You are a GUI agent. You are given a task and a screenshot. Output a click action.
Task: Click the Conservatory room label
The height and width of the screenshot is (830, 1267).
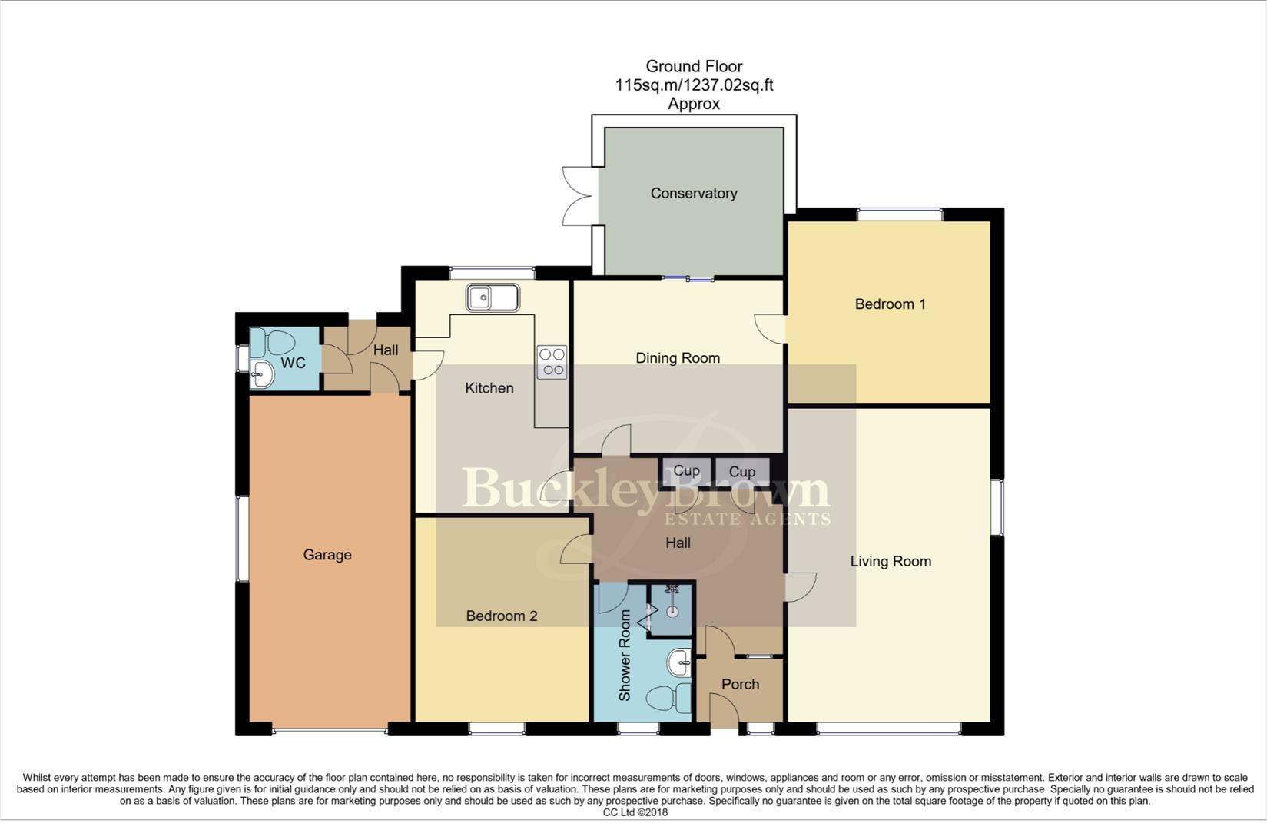pos(693,194)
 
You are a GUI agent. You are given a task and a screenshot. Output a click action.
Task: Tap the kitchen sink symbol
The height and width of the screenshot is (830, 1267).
pos(492,297)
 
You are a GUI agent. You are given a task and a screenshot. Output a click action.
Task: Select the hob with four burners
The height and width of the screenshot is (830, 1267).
pos(552,363)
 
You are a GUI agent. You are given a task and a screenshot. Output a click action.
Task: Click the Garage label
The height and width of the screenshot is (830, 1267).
pos(327,555)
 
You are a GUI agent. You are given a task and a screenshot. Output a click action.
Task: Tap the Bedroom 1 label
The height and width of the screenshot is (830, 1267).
pos(890,304)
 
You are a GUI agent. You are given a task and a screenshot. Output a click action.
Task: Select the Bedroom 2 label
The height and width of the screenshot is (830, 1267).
pos(501,616)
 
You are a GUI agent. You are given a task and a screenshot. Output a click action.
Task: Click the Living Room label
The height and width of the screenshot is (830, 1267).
pos(890,562)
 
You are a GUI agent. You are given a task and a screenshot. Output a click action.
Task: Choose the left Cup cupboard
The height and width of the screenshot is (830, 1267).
pos(685,471)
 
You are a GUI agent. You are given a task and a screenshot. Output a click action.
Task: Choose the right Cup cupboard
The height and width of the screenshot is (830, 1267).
pos(741,472)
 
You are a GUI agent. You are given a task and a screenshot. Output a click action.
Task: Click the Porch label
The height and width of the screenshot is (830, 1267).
pos(740,685)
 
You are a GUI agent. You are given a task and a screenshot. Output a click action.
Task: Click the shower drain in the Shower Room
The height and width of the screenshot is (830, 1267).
pos(672,612)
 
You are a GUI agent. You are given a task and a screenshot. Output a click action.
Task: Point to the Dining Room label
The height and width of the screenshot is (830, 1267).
pos(677,358)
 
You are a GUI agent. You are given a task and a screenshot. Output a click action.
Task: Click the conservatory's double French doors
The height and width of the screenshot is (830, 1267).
pos(578,196)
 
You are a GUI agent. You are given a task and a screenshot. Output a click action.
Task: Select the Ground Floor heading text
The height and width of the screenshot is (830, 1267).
pos(693,66)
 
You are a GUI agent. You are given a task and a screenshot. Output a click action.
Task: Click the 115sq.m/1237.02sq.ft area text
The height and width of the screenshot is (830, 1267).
pos(693,85)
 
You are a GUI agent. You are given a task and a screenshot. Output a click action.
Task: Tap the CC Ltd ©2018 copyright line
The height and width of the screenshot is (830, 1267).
pos(635,812)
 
